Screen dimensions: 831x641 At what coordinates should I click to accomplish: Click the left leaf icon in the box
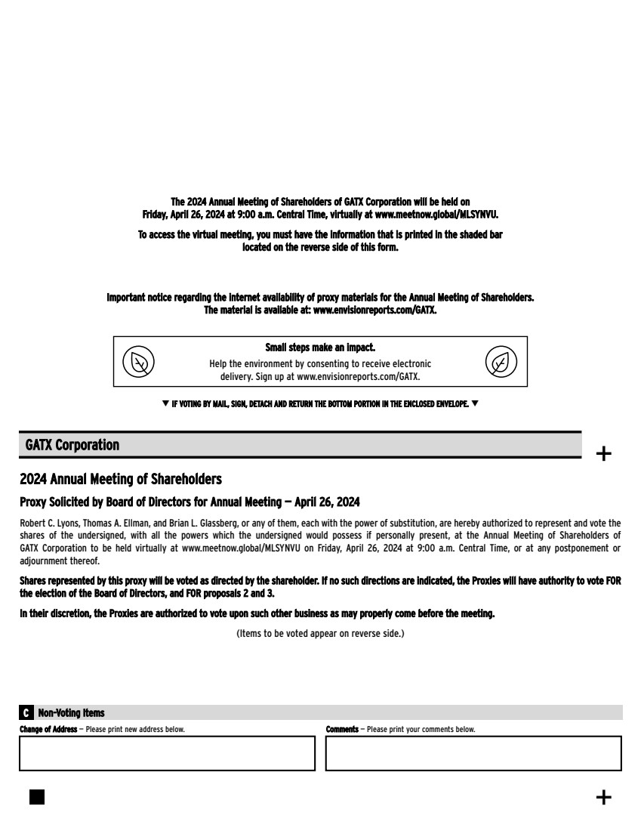tap(138, 362)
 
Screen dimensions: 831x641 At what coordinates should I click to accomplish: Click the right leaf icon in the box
tap(501, 362)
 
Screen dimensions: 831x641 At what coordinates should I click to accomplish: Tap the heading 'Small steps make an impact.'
tap(320, 348)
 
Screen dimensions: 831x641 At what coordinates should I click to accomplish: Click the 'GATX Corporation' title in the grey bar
tap(72, 445)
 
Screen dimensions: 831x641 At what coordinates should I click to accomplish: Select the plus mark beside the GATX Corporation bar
tap(604, 453)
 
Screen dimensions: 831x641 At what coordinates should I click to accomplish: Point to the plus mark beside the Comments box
tap(604, 797)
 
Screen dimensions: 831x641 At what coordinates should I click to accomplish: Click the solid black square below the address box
tap(37, 797)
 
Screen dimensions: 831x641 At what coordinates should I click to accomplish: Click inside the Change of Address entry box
tap(167, 753)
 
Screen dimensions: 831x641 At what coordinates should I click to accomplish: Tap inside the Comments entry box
tap(473, 753)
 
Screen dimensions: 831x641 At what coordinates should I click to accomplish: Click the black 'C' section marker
tap(26, 713)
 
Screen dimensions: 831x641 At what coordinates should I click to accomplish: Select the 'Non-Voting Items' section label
tap(71, 713)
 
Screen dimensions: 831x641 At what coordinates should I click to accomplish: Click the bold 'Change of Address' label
tap(48, 729)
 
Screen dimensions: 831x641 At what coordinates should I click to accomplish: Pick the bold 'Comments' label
tap(342, 729)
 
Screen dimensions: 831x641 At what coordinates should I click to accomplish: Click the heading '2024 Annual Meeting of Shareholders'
tap(121, 480)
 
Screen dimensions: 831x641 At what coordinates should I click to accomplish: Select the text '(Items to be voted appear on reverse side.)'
tap(320, 634)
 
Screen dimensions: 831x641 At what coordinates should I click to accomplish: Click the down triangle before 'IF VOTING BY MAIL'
tap(165, 403)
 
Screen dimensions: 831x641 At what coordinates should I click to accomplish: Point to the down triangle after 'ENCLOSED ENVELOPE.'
tap(475, 403)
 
